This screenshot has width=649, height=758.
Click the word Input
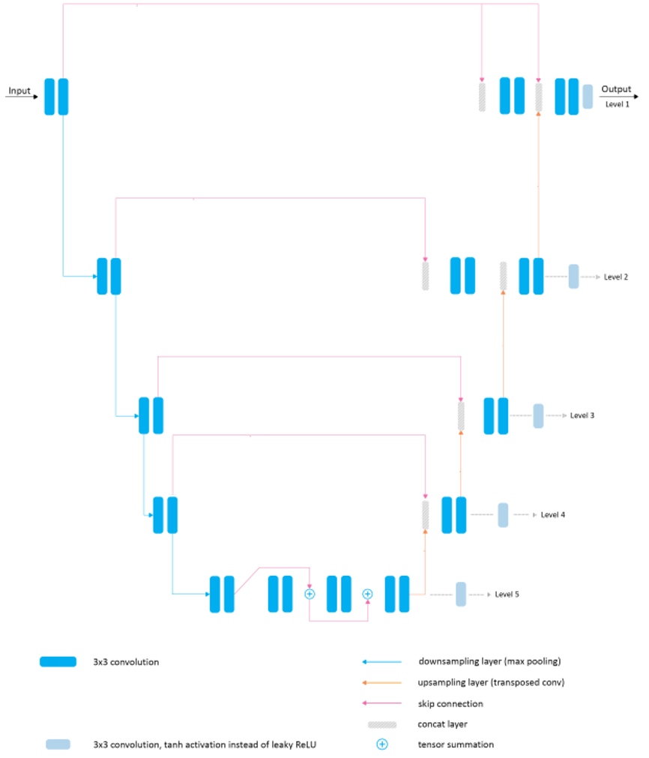(x=19, y=91)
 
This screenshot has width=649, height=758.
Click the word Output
(x=616, y=89)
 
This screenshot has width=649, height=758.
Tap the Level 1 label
(x=618, y=104)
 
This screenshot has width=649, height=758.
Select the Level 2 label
(x=616, y=277)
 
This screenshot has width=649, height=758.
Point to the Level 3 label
(x=582, y=415)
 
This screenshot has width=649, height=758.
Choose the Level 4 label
(x=553, y=515)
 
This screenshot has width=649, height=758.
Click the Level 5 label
(x=507, y=595)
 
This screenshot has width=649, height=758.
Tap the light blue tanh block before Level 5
(x=461, y=594)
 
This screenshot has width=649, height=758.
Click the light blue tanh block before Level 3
(x=538, y=415)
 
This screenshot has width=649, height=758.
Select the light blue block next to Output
(x=588, y=97)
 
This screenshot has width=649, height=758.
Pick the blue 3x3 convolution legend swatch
(x=58, y=662)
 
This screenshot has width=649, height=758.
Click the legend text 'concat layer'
(x=442, y=724)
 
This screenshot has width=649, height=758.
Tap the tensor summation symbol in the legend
(x=382, y=745)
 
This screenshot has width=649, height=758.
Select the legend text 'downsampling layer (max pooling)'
(x=489, y=662)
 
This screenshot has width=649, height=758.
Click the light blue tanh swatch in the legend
(x=58, y=745)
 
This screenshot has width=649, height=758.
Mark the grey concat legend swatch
(x=382, y=724)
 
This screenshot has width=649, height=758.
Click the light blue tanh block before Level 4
(x=503, y=515)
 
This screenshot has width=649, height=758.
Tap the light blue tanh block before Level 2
(x=573, y=277)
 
